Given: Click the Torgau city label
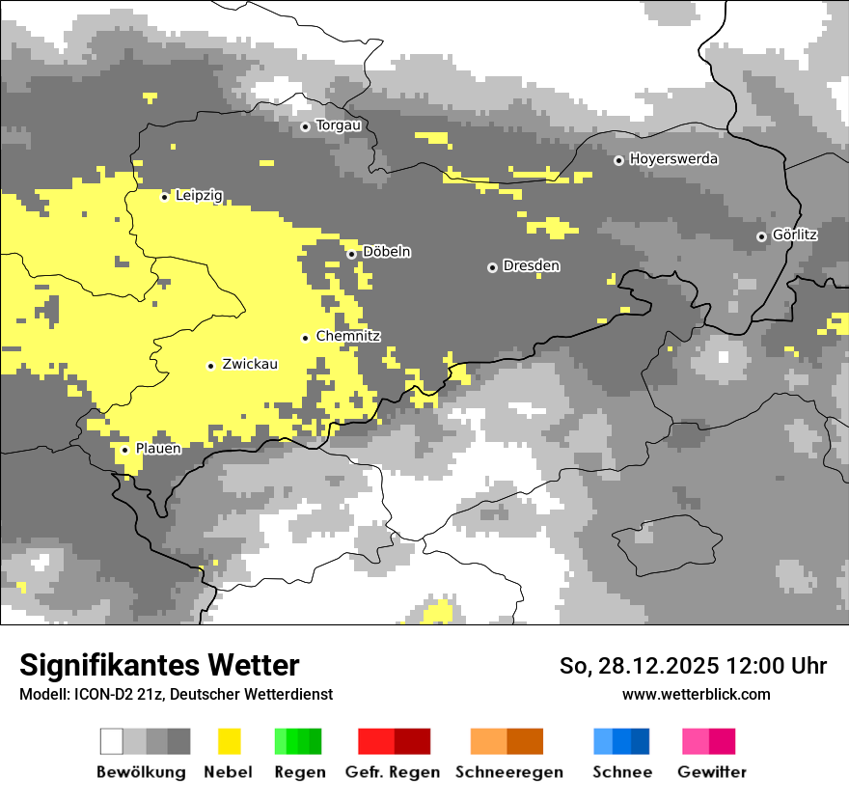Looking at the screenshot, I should pyautogui.click(x=339, y=125).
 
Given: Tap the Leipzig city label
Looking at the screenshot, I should pyautogui.click(x=199, y=196).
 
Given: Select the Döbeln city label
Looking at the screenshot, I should pyautogui.click(x=387, y=252).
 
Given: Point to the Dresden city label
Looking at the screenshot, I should pyautogui.click(x=532, y=265).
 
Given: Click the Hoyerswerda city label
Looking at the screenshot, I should pyautogui.click(x=673, y=159).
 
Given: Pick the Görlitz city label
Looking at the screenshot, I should pyautogui.click(x=795, y=235).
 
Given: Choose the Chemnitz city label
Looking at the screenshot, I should pyautogui.click(x=348, y=337).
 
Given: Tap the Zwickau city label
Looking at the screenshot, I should pyautogui.click(x=250, y=365).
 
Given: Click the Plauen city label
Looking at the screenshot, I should pyautogui.click(x=158, y=449).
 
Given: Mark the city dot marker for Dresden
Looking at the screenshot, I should pyautogui.click(x=492, y=266).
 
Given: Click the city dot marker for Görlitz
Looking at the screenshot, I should pyautogui.click(x=761, y=236).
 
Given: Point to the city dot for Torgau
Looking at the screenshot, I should pyautogui.click(x=305, y=126).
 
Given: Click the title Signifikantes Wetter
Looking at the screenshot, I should pyautogui.click(x=159, y=665).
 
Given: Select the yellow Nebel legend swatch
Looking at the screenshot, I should pyautogui.click(x=230, y=741).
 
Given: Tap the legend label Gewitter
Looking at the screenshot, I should pyautogui.click(x=712, y=772).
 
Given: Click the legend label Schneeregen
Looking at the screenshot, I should pyautogui.click(x=509, y=772).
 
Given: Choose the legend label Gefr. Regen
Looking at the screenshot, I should pyautogui.click(x=393, y=772).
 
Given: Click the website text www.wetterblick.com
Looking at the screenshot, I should pyautogui.click(x=696, y=694).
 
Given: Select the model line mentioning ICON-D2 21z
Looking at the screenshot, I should pyautogui.click(x=176, y=694).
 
